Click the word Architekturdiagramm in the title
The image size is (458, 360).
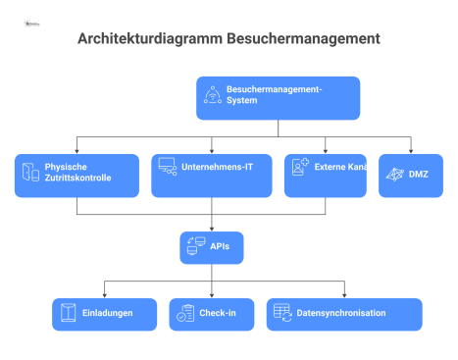(149, 40)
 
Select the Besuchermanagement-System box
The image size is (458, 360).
(278, 98)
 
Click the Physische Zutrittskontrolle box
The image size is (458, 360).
(77, 175)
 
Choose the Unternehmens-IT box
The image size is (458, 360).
(213, 175)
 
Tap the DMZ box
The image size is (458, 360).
(410, 175)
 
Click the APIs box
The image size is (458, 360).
(211, 247)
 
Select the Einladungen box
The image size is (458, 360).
(104, 314)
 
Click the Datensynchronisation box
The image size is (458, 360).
(343, 314)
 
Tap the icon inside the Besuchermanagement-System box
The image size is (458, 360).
(213, 95)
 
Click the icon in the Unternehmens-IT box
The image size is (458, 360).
(167, 168)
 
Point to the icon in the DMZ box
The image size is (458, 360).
(394, 174)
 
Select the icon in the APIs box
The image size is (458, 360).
(194, 246)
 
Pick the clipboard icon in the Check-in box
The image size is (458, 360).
(185, 313)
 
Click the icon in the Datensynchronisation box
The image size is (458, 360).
(281, 313)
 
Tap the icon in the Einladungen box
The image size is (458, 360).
(68, 313)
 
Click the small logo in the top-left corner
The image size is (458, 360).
(30, 19)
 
